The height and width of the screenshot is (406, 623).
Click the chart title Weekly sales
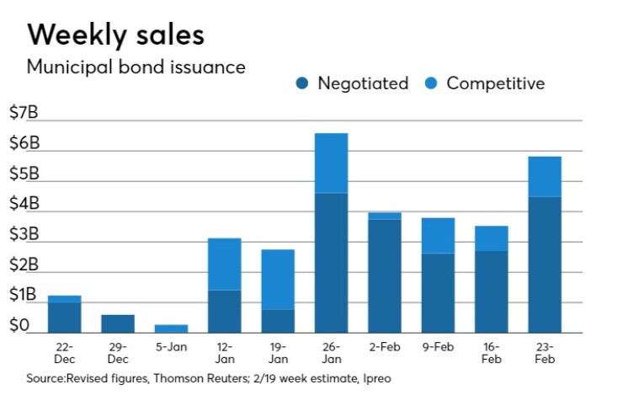[116, 35]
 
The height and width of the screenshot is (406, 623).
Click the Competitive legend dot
[432, 83]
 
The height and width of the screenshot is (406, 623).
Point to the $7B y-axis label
[24, 114]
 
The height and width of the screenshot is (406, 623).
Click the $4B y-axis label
[24, 205]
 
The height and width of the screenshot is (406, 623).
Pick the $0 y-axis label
[21, 326]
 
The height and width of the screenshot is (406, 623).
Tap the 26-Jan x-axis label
[331, 352]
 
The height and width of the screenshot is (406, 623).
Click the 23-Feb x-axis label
[545, 352]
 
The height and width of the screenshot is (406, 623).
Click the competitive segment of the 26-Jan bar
[331, 163]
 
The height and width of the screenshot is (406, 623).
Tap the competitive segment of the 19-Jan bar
[278, 279]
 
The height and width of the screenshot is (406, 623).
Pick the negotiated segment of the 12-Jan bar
[225, 311]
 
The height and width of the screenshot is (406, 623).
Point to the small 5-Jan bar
[171, 329]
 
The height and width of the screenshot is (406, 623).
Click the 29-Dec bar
[118, 323]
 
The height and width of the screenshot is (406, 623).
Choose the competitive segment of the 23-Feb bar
[545, 176]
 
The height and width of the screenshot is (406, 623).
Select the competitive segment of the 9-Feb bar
[438, 235]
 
